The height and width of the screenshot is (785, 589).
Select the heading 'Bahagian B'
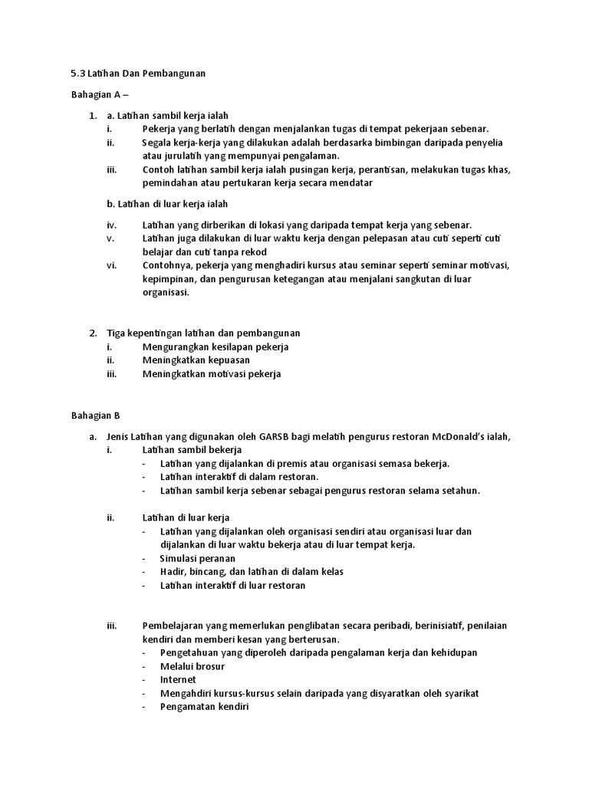[96, 416]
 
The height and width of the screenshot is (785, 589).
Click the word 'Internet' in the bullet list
[178, 679]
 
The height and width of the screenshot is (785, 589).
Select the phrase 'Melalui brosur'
[192, 666]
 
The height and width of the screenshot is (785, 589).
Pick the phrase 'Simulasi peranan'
[197, 558]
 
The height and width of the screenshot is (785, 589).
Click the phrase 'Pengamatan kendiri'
[205, 707]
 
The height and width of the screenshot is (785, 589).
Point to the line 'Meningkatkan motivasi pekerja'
[212, 373]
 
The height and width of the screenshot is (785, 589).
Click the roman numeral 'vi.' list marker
[112, 265]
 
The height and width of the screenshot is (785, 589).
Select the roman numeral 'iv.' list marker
[112, 225]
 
